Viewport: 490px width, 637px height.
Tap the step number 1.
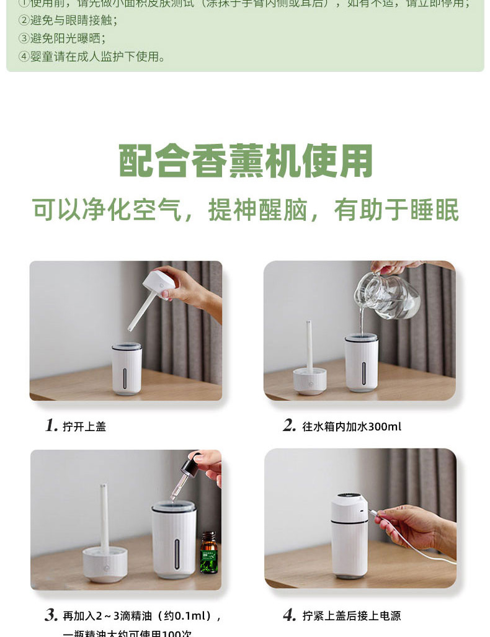click(x=51, y=425)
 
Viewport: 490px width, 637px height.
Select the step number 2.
click(x=289, y=425)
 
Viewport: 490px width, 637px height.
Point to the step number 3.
click(x=51, y=615)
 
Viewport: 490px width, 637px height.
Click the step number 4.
click(x=289, y=615)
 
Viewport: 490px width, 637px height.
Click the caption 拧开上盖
click(x=84, y=427)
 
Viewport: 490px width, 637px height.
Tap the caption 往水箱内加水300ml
click(x=352, y=427)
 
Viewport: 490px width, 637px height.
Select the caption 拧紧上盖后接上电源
click(x=352, y=616)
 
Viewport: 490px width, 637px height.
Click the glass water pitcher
click(x=388, y=295)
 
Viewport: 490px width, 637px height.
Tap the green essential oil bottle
click(x=208, y=552)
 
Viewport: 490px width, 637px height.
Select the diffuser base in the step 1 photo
click(x=127, y=369)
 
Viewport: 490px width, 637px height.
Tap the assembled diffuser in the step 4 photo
click(x=349, y=535)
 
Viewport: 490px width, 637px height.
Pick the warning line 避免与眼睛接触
click(x=68, y=20)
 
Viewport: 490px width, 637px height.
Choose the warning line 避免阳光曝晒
click(x=62, y=38)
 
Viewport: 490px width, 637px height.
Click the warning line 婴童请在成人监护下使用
click(x=93, y=57)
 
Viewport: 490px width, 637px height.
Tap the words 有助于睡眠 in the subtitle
click(x=396, y=210)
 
